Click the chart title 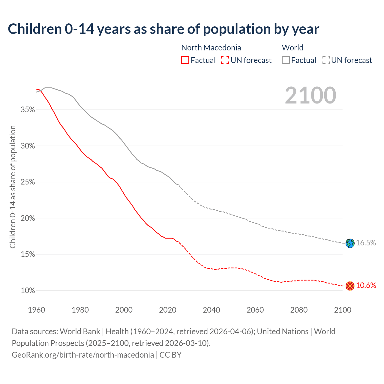[x=163, y=29]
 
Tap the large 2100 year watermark [x=310, y=95]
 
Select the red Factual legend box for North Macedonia [x=185, y=60]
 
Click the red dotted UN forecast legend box [x=225, y=60]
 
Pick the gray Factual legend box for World [x=286, y=60]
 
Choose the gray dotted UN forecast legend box [x=326, y=60]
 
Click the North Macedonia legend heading [x=211, y=48]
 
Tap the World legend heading [x=292, y=48]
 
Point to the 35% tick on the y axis [x=28, y=110]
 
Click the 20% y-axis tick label [x=28, y=218]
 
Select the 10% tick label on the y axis [x=28, y=291]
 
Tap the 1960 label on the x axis [x=37, y=310]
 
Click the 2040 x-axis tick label [x=211, y=310]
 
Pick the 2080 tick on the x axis [x=299, y=310]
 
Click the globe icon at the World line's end [x=350, y=243]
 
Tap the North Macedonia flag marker [x=350, y=286]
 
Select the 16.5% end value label [x=366, y=243]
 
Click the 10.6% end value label [x=366, y=286]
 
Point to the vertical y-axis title [x=13, y=187]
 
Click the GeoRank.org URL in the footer [x=83, y=355]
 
